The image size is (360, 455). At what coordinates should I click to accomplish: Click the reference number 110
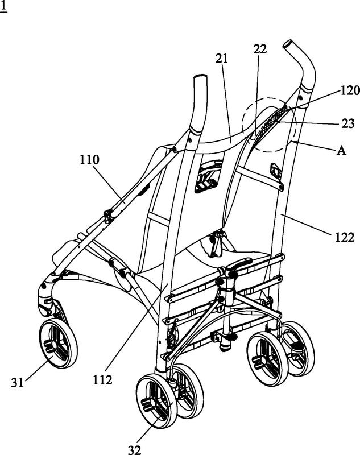90,160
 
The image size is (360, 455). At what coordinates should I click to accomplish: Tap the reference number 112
102,380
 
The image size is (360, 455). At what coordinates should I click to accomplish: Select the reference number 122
345,238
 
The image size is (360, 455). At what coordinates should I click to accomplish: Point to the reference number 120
350,91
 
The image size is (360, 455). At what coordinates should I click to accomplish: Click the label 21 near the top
222,59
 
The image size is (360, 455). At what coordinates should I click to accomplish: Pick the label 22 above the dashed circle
260,49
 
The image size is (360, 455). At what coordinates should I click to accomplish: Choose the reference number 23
348,123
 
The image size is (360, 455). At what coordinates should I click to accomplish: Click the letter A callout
341,151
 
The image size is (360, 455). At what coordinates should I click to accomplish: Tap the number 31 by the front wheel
18,383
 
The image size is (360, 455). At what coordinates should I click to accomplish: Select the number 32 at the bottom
135,450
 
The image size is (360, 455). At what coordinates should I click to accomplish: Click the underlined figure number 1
3,6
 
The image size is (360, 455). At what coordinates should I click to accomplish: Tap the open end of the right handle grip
288,45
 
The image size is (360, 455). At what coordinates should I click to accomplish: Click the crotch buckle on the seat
217,243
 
